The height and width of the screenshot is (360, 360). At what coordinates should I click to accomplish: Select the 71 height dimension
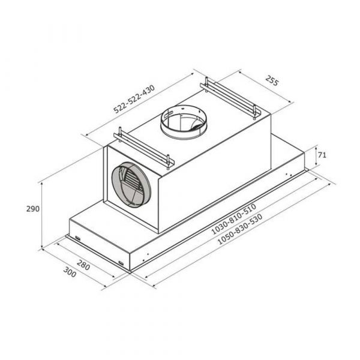322,155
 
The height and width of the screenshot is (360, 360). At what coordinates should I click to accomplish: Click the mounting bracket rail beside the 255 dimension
232,95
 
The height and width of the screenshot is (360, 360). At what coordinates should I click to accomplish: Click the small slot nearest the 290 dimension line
77,238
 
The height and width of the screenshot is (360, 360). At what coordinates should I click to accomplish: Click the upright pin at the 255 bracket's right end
256,112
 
